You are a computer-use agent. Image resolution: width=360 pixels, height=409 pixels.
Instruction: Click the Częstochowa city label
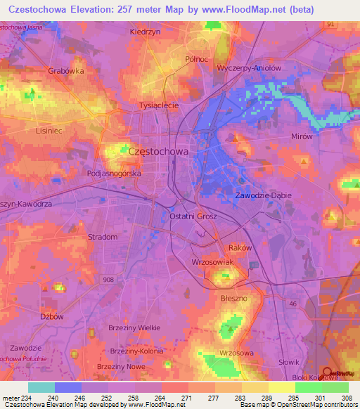(x=158, y=151)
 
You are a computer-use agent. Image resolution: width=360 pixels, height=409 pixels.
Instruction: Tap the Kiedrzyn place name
(x=146, y=32)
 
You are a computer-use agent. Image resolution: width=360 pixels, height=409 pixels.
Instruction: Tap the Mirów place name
(x=301, y=136)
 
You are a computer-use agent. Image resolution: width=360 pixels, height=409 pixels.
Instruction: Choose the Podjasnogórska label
(x=115, y=173)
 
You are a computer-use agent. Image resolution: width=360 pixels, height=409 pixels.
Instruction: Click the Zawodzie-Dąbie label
(x=263, y=195)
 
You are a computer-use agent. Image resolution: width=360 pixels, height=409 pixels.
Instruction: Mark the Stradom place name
(x=103, y=237)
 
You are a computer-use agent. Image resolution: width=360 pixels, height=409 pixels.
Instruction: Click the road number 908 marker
(x=108, y=280)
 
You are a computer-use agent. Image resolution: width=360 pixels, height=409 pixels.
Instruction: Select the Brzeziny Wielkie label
(x=135, y=327)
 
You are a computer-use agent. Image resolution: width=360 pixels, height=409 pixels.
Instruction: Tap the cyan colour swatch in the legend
(x=41, y=387)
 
